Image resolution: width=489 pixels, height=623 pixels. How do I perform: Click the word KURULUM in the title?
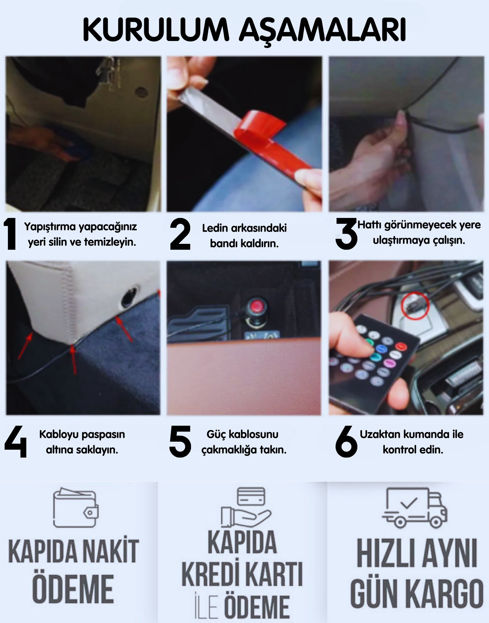coord(156,30)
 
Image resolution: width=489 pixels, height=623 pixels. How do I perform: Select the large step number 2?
coord(180,234)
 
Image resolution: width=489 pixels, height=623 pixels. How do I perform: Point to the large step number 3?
coord(346,234)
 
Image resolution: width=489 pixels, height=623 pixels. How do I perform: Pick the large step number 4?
coord(15,441)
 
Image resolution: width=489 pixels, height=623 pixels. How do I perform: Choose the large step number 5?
coord(180,441)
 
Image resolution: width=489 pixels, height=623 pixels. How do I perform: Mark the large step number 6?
coord(346,441)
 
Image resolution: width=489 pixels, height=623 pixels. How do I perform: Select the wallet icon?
coord(76,507)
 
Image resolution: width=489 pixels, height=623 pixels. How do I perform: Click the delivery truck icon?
coord(414,507)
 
